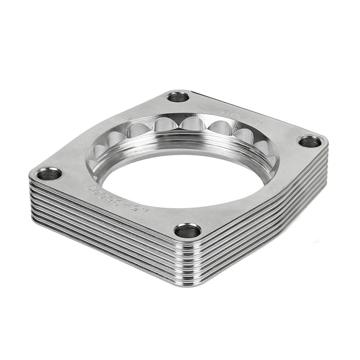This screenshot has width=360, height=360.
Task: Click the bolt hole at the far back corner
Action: pyautogui.click(x=178, y=97)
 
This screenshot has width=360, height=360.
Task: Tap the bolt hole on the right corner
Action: pyautogui.click(x=309, y=141)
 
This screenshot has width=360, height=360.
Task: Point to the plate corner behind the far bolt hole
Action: pyautogui.click(x=177, y=91)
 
